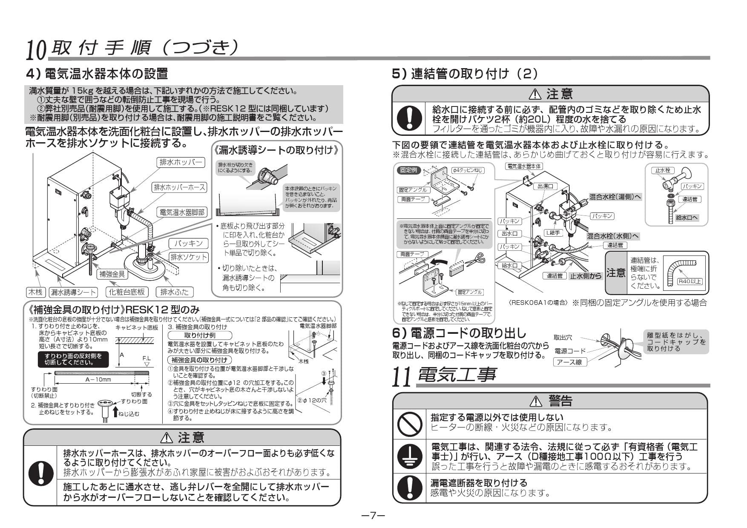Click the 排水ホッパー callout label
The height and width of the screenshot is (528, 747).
[181, 162]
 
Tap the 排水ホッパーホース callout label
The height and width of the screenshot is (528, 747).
[179, 187]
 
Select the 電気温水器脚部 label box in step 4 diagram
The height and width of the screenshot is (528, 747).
[182, 212]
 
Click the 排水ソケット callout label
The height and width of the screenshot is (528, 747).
[189, 257]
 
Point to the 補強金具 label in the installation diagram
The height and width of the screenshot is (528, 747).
[112, 274]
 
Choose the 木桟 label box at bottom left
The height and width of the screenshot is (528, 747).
[34, 292]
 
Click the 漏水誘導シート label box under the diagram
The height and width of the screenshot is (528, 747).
[73, 292]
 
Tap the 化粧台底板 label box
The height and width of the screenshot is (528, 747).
[127, 292]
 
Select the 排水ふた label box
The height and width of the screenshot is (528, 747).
[175, 292]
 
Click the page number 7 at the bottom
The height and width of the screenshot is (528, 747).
[373, 516]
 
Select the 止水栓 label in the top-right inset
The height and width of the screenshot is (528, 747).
[662, 170]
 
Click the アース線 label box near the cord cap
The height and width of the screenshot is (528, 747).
[570, 362]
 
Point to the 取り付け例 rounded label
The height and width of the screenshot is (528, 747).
[199, 335]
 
